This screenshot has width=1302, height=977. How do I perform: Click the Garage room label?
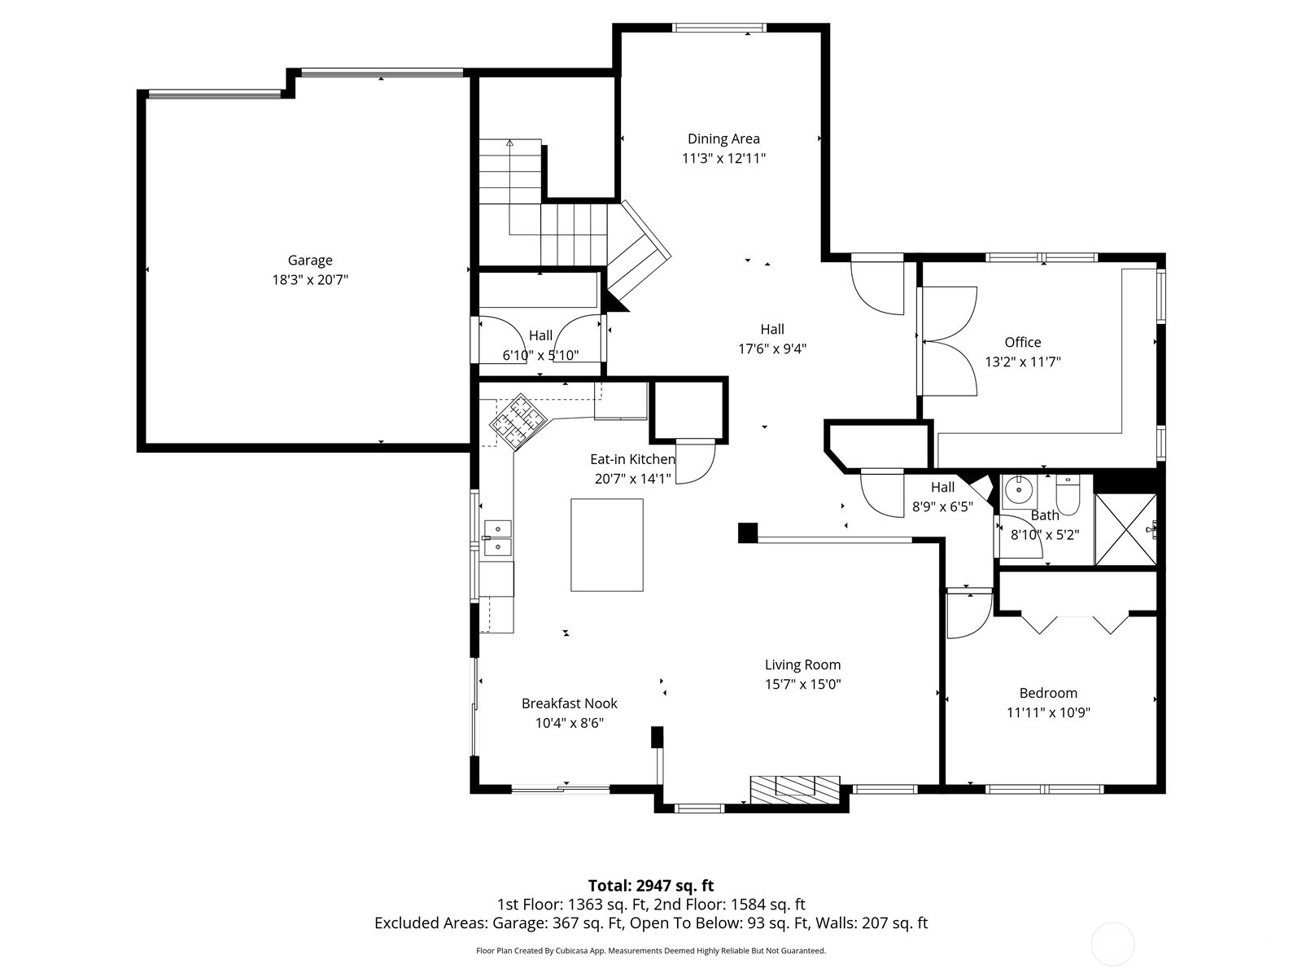coord(310,261)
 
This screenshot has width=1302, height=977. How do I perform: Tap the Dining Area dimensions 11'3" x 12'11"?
coord(723,159)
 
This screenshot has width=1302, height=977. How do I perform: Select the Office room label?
coord(1023,342)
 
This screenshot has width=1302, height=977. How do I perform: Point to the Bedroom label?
coord(1048,693)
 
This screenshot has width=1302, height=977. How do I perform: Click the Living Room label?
coord(802,665)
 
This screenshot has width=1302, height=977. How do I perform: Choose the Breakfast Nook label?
coord(570,703)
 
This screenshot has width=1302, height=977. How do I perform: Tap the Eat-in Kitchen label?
coord(632,459)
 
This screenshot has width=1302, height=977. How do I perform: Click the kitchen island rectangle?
coord(607,545)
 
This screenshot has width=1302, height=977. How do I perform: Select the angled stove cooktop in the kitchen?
coord(518,423)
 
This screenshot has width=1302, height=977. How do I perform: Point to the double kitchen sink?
coord(498,538)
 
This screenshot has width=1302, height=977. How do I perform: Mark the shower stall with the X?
coord(1125,529)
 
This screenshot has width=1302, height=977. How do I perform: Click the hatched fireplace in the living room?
coord(795,790)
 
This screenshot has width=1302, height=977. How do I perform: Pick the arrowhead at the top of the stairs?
coord(509,142)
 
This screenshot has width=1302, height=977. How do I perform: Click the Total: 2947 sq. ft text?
coord(651,886)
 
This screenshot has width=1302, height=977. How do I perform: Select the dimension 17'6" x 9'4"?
coord(772,348)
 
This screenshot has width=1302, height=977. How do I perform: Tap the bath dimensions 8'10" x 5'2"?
coord(1045,535)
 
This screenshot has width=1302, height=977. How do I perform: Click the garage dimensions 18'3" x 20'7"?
coord(310,280)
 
